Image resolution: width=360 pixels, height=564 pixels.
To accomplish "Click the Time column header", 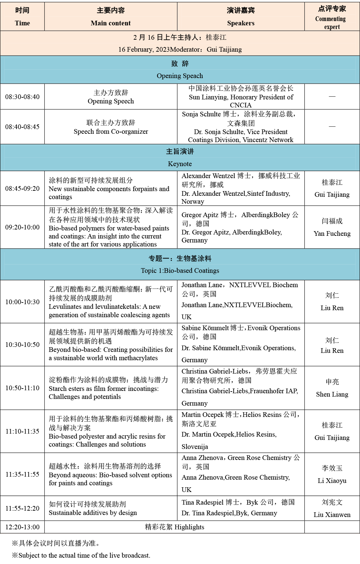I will pos(22,23).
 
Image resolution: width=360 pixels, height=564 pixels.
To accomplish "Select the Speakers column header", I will pos(241,23).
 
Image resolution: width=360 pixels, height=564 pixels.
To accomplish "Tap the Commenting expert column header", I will pos(332,23).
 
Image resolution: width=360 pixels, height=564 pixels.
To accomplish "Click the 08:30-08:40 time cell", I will pos(22,97).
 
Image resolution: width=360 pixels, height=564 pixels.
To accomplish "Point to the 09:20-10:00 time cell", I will pos(22,227).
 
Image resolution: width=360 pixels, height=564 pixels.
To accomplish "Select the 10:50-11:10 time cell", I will pos(22,388).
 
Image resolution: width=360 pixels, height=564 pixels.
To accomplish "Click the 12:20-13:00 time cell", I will pos(22,527).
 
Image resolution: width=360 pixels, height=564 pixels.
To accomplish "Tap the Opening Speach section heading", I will pos(180,76).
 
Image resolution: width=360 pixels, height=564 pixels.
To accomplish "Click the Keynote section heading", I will pos(180,164).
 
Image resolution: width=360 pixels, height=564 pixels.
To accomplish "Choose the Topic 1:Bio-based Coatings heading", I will pos(180,270).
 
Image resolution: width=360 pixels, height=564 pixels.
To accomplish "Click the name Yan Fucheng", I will pos(332,233).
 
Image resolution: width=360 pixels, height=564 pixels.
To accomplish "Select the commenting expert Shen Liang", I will pos(332,394).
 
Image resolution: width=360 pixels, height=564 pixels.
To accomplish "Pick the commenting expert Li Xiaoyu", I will pos(332,481).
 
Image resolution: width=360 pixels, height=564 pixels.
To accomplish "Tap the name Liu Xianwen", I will pos(332,515).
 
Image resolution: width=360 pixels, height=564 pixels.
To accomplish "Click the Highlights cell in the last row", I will pos(174,527).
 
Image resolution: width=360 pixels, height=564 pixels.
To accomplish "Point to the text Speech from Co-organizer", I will pos(111,131).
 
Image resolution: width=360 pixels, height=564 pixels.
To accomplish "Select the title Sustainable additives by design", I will pos(93,513).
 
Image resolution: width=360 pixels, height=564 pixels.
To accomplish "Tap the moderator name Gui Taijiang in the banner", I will pos(224,49).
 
